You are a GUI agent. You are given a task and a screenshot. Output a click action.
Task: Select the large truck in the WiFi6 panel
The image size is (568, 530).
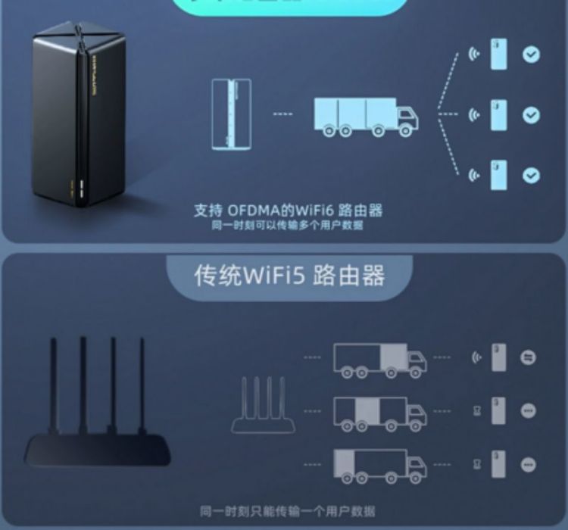(x=366, y=116)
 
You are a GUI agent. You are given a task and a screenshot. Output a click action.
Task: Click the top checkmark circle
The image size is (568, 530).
(x=531, y=55)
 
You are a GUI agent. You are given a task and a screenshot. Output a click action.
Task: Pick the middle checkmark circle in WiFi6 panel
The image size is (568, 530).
(x=531, y=115)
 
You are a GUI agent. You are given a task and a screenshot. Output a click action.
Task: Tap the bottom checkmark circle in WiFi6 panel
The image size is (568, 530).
(x=531, y=175)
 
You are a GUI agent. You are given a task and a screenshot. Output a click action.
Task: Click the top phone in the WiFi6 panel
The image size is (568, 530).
(x=498, y=55)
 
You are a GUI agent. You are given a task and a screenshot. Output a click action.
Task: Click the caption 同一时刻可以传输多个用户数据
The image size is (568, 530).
(x=287, y=226)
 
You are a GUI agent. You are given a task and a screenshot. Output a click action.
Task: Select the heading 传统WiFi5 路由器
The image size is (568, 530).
(x=289, y=274)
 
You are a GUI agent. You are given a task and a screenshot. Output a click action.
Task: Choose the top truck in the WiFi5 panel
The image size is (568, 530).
(x=379, y=359)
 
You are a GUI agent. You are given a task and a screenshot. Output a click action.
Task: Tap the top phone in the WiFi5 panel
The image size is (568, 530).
(x=498, y=357)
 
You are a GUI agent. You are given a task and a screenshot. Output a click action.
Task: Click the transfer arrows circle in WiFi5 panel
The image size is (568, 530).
(x=529, y=357)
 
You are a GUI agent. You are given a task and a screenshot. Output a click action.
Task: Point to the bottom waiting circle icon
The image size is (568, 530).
(x=529, y=463)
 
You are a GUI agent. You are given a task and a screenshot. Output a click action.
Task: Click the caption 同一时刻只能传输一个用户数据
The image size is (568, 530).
(x=288, y=512)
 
